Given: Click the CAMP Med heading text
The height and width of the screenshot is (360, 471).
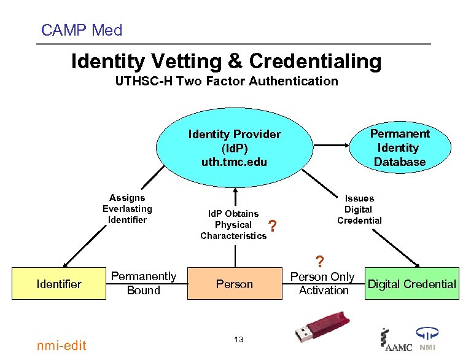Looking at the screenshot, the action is (x=82, y=30).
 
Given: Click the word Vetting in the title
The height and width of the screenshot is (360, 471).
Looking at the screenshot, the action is (x=186, y=61).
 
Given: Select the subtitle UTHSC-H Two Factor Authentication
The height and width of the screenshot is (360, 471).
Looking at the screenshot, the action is (x=227, y=81).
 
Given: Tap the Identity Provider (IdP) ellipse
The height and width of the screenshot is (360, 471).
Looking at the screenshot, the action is (x=235, y=147).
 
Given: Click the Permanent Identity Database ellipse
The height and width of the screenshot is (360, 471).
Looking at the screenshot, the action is (x=400, y=147).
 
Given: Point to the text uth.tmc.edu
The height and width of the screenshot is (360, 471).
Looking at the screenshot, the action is (x=234, y=162).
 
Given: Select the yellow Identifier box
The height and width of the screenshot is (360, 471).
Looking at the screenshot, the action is (x=59, y=283).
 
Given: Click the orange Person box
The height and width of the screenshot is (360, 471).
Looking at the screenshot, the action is (x=235, y=283).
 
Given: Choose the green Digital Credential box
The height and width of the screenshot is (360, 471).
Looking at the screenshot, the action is (x=412, y=283).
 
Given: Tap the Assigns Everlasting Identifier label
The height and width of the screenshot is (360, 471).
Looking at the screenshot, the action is (x=127, y=209).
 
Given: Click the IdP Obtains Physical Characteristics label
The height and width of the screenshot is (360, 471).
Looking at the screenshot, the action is (x=233, y=225).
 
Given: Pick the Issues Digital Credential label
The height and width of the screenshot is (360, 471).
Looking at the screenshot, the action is (x=359, y=209).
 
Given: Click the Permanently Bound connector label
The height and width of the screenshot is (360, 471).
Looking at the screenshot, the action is (x=144, y=283).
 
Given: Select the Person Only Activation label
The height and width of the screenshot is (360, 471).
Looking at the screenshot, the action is (x=323, y=283).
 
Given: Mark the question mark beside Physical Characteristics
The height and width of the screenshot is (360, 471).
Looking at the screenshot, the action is (x=273, y=226).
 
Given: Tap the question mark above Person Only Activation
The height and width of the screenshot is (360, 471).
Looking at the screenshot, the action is (x=320, y=262).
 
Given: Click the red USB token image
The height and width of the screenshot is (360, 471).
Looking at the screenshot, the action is (x=322, y=327).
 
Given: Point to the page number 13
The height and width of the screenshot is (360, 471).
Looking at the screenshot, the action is (x=239, y=340).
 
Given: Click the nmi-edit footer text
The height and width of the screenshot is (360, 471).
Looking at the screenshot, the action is (x=61, y=346).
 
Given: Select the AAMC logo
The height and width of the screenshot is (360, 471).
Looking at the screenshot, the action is (x=396, y=340).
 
